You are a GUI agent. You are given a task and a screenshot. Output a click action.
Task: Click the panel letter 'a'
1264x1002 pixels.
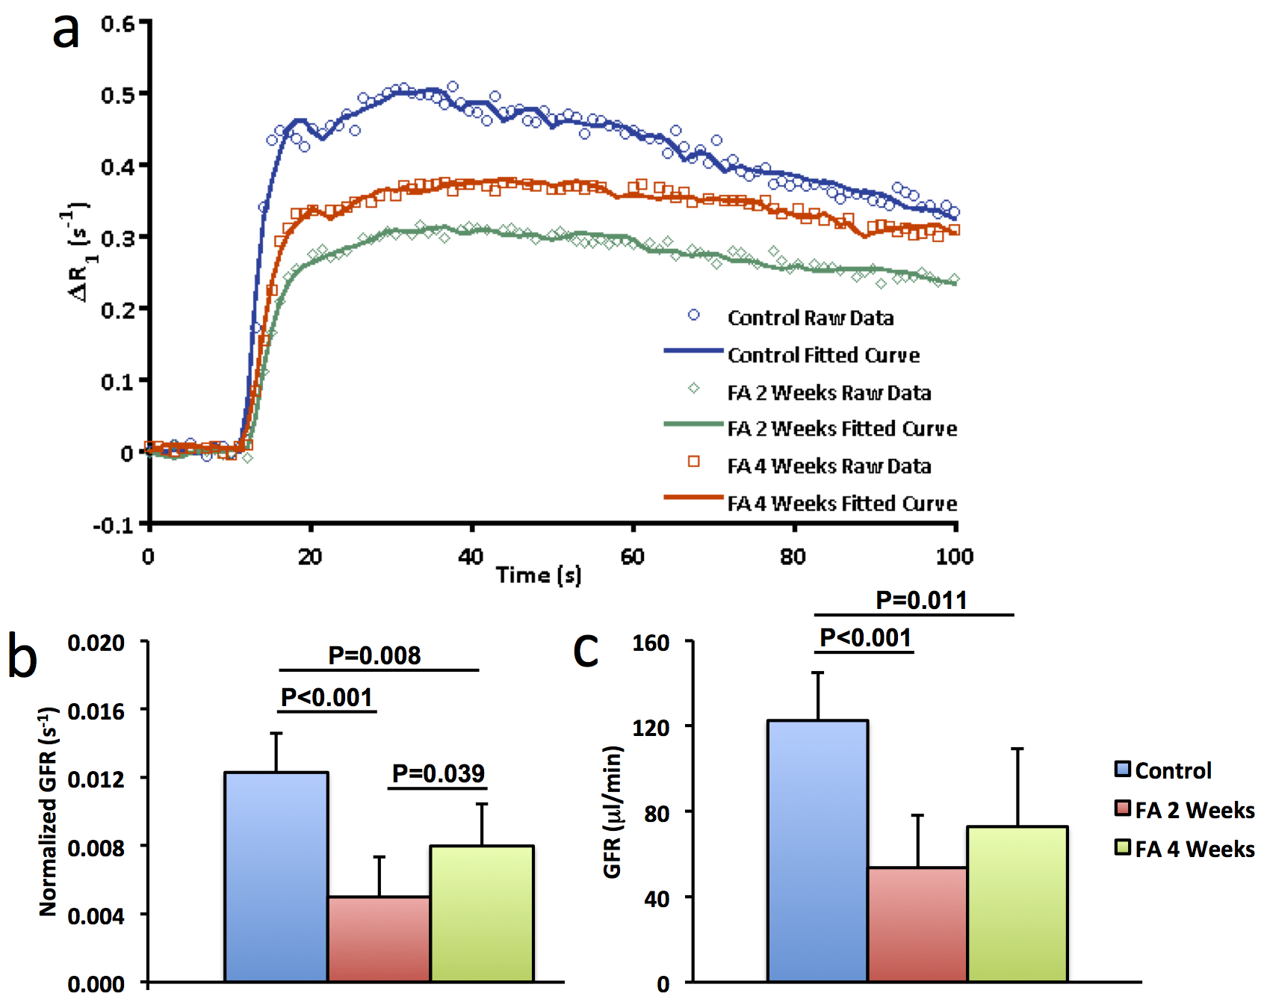pyautogui.click(x=66, y=31)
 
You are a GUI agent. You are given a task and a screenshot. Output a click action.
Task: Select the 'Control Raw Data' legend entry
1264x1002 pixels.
pyautogui.click(x=810, y=318)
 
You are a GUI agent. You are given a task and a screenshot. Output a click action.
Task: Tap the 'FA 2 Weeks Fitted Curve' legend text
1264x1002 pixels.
pyautogui.click(x=842, y=428)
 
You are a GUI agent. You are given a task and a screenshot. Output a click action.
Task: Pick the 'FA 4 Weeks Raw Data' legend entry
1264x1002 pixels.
pyautogui.click(x=828, y=466)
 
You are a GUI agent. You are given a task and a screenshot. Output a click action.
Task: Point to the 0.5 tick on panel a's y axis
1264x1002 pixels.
pyautogui.click(x=117, y=95)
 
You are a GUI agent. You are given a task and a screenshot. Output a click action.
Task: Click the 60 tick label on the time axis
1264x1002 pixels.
pyautogui.click(x=632, y=557)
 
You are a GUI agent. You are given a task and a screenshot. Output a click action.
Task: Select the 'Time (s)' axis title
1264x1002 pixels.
pyautogui.click(x=538, y=575)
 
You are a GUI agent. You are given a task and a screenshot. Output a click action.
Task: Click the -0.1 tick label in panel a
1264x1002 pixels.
pyautogui.click(x=112, y=525)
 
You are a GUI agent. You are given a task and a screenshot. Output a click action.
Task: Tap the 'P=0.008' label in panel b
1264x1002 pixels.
pyautogui.click(x=374, y=655)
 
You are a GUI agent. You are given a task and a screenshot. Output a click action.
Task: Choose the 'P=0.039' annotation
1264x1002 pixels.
pyautogui.click(x=439, y=773)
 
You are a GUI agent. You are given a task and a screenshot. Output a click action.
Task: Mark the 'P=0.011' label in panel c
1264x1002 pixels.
pyautogui.click(x=921, y=599)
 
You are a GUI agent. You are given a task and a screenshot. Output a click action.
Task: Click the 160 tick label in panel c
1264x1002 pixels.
pyautogui.click(x=651, y=643)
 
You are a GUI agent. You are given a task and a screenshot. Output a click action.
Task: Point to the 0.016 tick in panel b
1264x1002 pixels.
pyautogui.click(x=96, y=711)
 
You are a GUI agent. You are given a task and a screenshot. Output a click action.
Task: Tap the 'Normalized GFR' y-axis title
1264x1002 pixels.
pyautogui.click(x=48, y=811)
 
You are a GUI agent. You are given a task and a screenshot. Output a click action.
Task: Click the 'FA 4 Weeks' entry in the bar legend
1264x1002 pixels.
pyautogui.click(x=1194, y=849)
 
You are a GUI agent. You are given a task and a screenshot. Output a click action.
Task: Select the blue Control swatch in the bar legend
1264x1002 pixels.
pyautogui.click(x=1122, y=769)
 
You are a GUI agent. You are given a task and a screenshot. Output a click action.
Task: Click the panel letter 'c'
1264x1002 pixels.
pyautogui.click(x=586, y=650)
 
